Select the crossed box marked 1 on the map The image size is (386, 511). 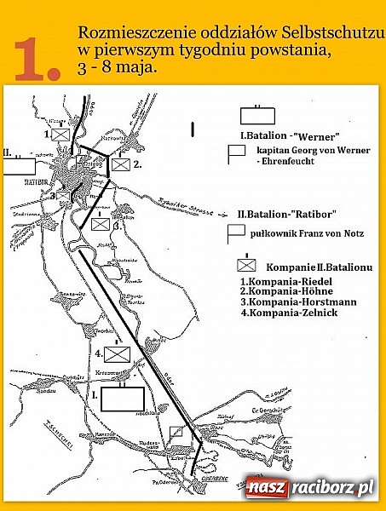point(60,135)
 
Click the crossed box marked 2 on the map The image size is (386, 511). point(121,164)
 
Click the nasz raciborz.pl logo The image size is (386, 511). point(311,489)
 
